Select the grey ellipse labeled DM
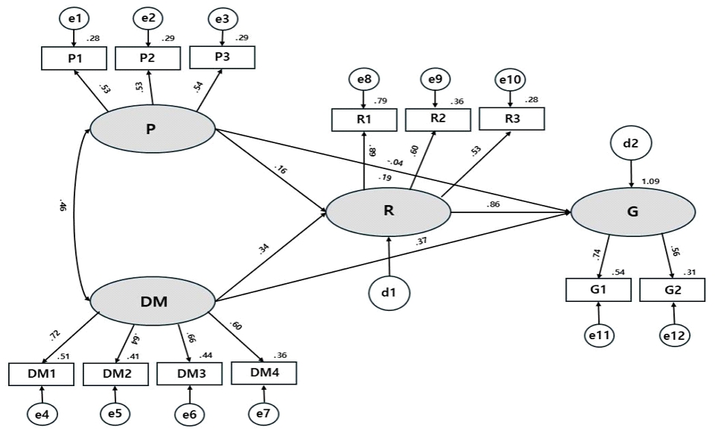(x=152, y=300)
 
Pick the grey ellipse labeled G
(x=633, y=212)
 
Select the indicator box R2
(x=437, y=117)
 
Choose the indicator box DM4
(x=264, y=372)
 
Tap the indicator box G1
(x=599, y=291)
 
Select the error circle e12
(x=673, y=335)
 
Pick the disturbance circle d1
(x=390, y=292)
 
